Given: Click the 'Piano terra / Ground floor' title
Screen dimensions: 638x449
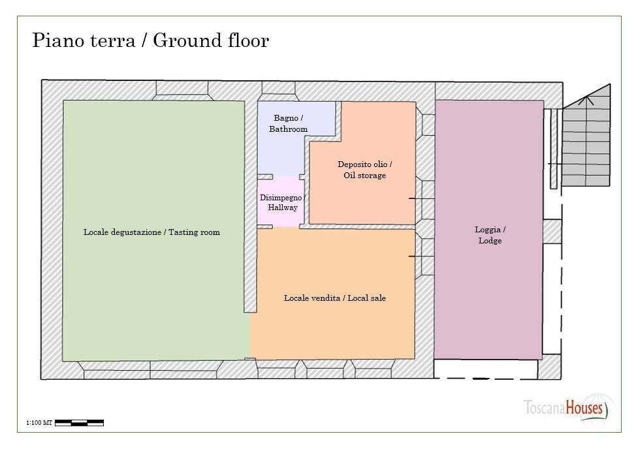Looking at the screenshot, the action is point(151,40).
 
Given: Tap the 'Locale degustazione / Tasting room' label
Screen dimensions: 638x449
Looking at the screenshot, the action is point(152,232).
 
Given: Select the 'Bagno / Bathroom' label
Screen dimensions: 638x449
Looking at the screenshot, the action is point(288,123).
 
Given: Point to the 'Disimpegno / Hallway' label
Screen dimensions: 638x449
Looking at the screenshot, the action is point(282,202).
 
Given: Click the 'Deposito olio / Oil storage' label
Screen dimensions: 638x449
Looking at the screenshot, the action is point(364,170).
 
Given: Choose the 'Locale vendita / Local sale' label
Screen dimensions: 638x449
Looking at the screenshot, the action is point(335,298).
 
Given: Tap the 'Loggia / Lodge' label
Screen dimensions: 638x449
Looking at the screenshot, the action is point(490,235).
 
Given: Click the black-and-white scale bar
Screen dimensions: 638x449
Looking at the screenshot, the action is point(80,423).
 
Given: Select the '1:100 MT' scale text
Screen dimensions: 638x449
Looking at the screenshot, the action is point(39,423).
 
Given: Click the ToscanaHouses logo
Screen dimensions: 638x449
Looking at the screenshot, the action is point(566,408).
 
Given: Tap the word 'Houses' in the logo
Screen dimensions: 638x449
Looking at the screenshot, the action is point(584,408).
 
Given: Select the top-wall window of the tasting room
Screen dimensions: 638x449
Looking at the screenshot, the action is point(182,90).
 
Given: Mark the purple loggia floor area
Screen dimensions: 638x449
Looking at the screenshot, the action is point(489,230).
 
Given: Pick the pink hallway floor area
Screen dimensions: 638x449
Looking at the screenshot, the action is point(281,202).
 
